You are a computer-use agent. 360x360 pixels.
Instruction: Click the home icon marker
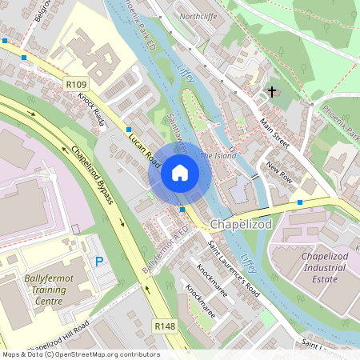point(180,172)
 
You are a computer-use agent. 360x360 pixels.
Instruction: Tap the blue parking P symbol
point(99,261)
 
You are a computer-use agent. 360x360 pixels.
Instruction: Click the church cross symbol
point(271,92)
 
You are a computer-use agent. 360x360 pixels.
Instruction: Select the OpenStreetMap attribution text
point(81,354)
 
